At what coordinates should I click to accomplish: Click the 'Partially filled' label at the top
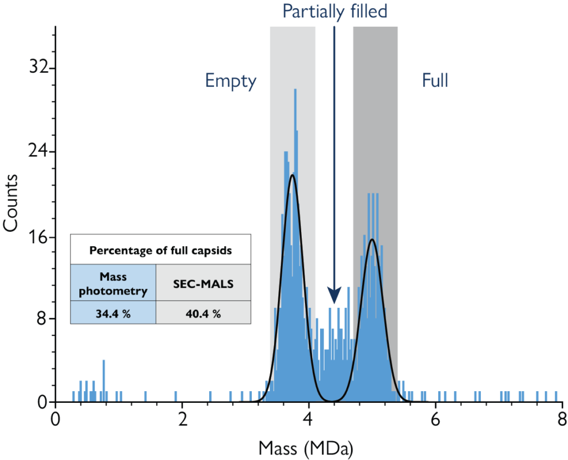click(334, 11)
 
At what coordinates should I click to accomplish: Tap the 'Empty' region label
click(231, 81)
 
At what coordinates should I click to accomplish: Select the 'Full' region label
click(435, 81)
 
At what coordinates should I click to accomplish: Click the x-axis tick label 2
click(181, 418)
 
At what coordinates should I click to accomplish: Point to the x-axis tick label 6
click(435, 418)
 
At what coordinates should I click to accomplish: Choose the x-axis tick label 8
click(561, 418)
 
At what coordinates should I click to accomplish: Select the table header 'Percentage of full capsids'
click(160, 250)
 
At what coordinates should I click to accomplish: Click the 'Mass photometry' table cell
click(113, 283)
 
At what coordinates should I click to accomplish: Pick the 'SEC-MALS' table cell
click(203, 283)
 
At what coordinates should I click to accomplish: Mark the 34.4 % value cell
click(113, 313)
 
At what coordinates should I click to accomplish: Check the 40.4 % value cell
click(203, 313)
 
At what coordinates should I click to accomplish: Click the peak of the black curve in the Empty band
click(292, 176)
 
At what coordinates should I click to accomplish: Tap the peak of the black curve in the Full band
click(372, 239)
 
